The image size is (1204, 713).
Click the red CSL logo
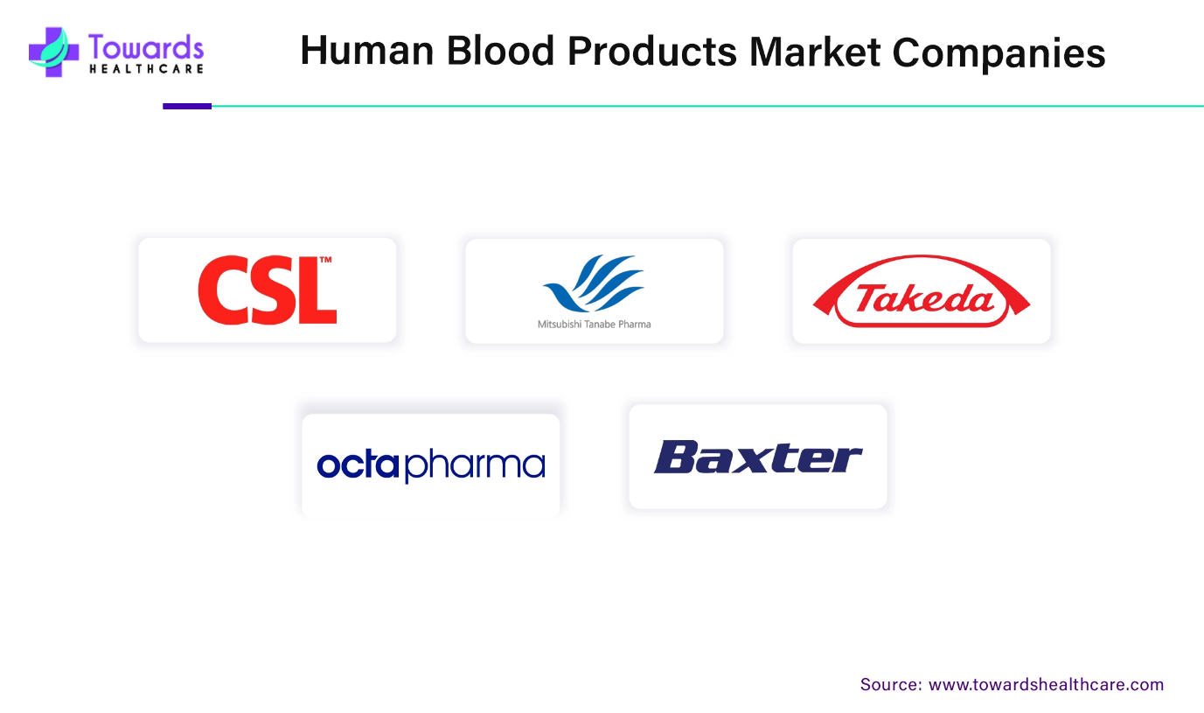pyautogui.click(x=268, y=290)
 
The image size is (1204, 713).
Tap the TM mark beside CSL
pyautogui.click(x=326, y=260)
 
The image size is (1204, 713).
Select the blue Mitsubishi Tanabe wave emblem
pyautogui.click(x=594, y=283)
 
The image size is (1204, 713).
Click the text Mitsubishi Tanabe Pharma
pyautogui.click(x=594, y=325)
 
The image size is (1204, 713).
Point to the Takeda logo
pyautogui.click(x=922, y=291)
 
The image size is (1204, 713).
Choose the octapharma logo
pyautogui.click(x=430, y=465)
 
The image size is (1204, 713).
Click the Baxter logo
pyautogui.click(x=758, y=457)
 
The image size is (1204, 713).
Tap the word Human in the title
pyautogui.click(x=367, y=51)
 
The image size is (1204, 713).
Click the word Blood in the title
pyautogui.click(x=500, y=51)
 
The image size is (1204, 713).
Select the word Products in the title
pyautogui.click(x=652, y=52)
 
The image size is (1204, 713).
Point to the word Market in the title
pyautogui.click(x=814, y=52)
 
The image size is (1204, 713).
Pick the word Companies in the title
pyautogui.click(x=999, y=53)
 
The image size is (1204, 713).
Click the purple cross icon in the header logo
pyautogui.click(x=53, y=52)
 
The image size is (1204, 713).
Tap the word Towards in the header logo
pyautogui.click(x=146, y=47)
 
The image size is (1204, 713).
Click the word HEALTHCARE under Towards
pyautogui.click(x=146, y=69)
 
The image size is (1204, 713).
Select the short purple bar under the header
pyautogui.click(x=187, y=107)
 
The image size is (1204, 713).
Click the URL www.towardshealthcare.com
pyautogui.click(x=1046, y=684)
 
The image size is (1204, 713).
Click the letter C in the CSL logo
pyautogui.click(x=221, y=290)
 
